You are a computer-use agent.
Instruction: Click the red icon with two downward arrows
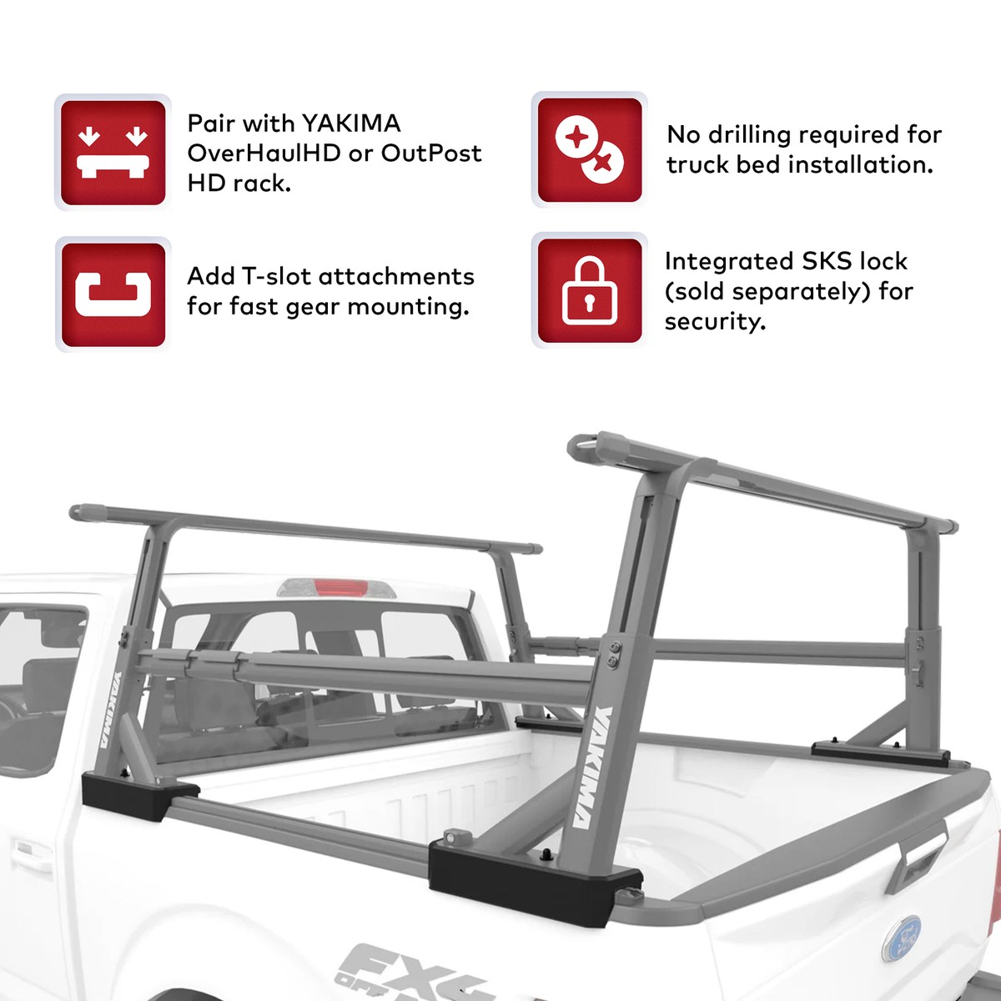(x=113, y=152)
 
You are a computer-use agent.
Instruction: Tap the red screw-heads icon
(x=590, y=150)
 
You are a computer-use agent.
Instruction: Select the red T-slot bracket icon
(x=113, y=294)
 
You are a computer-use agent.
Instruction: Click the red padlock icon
(x=590, y=290)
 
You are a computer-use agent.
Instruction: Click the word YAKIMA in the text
(x=351, y=123)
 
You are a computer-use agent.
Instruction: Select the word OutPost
(x=431, y=153)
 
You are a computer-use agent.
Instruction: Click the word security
(x=714, y=322)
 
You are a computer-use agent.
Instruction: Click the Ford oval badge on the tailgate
(x=902, y=938)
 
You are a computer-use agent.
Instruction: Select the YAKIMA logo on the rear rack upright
(x=593, y=767)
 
